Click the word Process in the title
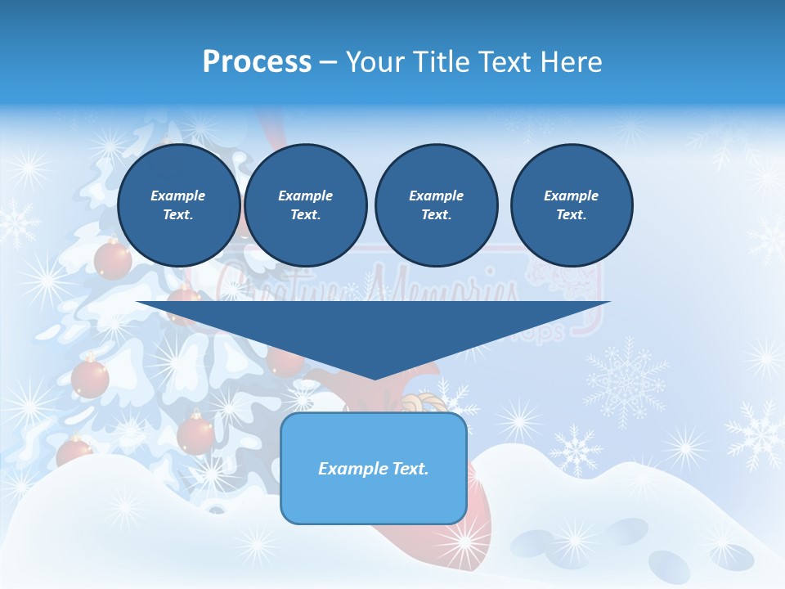pos(257,62)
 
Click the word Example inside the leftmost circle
pos(178,196)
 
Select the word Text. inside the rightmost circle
pos(571,214)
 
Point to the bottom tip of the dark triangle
pos(375,379)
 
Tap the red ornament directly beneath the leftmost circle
pos(112,260)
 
